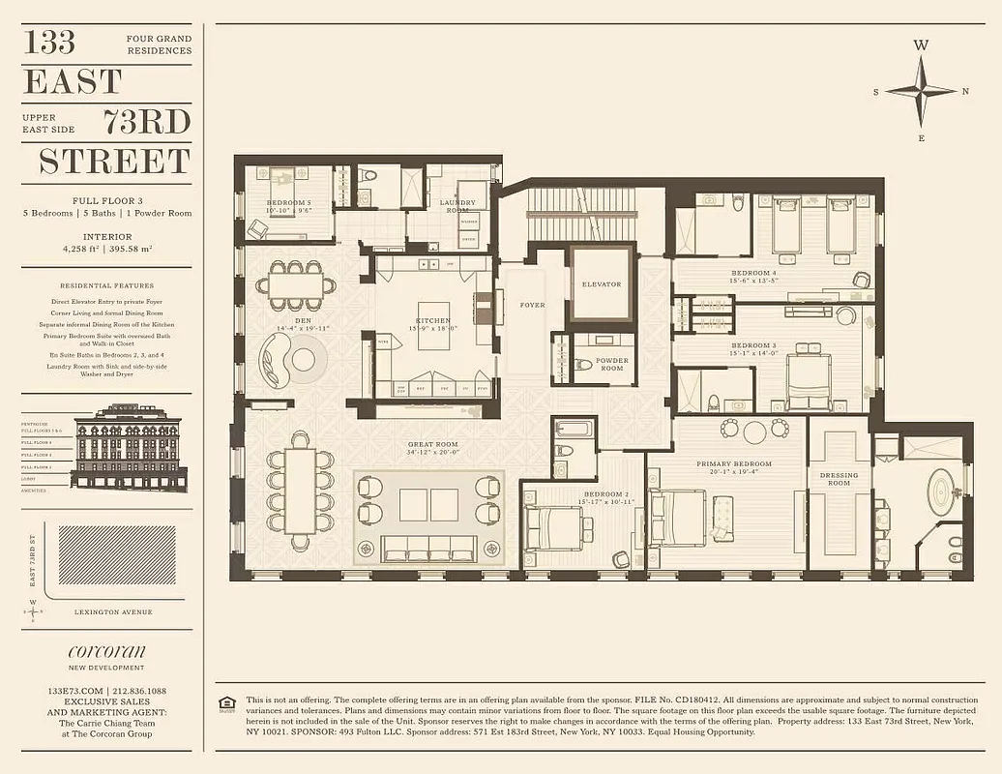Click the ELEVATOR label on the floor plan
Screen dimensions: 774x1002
coord(602,284)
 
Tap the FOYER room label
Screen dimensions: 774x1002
coord(532,305)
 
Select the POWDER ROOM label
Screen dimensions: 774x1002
coord(611,364)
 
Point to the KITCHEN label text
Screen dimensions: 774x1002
coord(432,320)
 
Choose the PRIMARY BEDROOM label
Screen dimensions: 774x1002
coord(734,464)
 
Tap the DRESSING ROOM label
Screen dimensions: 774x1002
coord(839,478)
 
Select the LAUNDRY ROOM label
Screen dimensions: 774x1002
coord(457,205)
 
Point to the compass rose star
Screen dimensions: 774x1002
coord(920,91)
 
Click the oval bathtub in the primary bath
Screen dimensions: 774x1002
coord(940,492)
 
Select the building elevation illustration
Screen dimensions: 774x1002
coord(128,447)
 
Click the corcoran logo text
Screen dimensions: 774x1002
coord(106,651)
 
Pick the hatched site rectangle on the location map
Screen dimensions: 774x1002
coord(116,555)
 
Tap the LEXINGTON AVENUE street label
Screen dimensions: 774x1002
coord(113,611)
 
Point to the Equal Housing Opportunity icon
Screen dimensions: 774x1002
coord(227,704)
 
